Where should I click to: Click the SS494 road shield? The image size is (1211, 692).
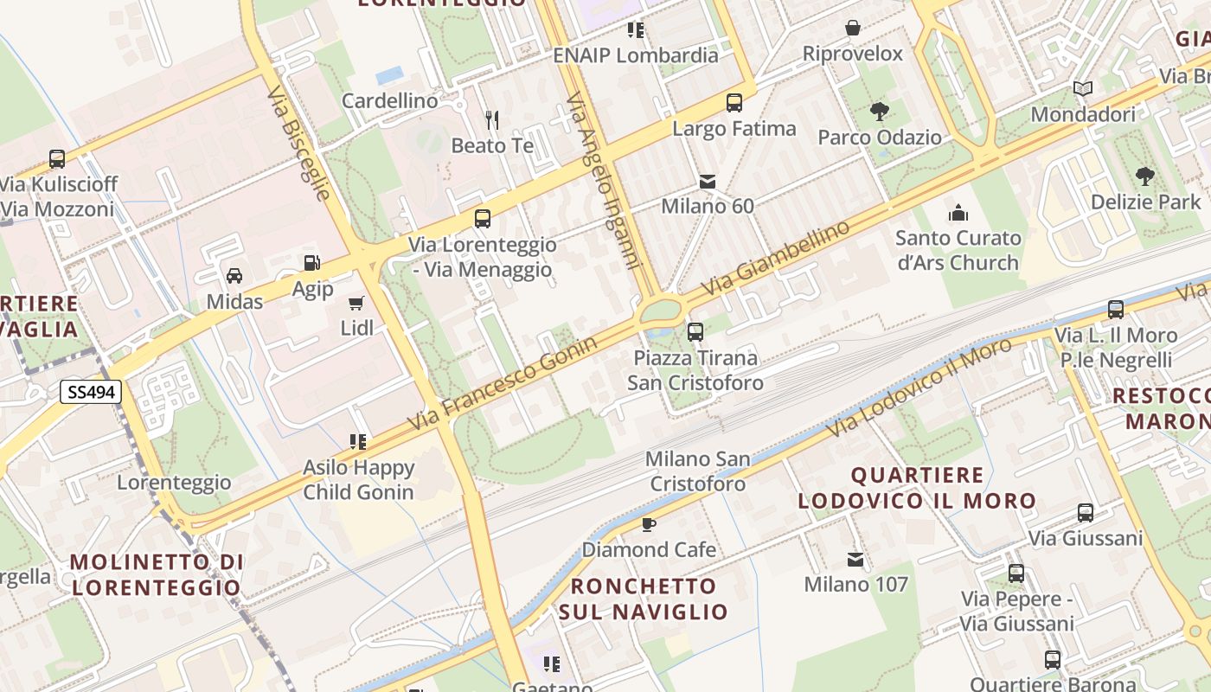pyautogui.click(x=90, y=393)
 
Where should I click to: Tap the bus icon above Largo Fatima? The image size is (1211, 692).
pyautogui.click(x=734, y=102)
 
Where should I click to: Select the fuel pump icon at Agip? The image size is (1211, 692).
pyautogui.click(x=311, y=263)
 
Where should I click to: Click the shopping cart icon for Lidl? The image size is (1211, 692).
pyautogui.click(x=356, y=303)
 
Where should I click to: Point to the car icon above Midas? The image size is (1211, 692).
pyautogui.click(x=234, y=276)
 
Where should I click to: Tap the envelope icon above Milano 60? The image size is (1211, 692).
pyautogui.click(x=708, y=182)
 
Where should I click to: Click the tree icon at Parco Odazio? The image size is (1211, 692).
pyautogui.click(x=880, y=111)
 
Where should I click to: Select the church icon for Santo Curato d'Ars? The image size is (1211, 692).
pyautogui.click(x=958, y=212)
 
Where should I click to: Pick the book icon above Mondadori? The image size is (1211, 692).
pyautogui.click(x=1083, y=88)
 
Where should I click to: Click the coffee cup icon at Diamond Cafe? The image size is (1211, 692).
pyautogui.click(x=649, y=524)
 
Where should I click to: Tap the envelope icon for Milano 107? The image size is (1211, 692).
pyautogui.click(x=855, y=560)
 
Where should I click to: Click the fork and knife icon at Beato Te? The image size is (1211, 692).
pyautogui.click(x=492, y=119)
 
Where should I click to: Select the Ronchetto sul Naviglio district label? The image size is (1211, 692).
pyautogui.click(x=644, y=599)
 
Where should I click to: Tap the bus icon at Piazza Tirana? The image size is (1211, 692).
pyautogui.click(x=695, y=331)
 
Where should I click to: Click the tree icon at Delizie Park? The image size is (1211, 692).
pyautogui.click(x=1145, y=176)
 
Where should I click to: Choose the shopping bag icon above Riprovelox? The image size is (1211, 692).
pyautogui.click(x=853, y=28)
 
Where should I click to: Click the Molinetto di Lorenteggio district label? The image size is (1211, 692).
pyautogui.click(x=157, y=574)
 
